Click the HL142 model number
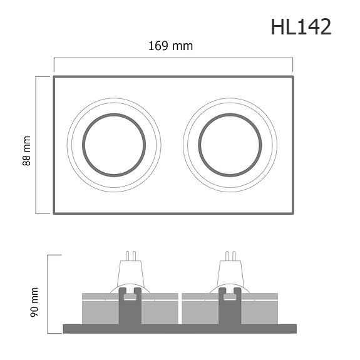[301, 27]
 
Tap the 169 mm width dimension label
[170, 46]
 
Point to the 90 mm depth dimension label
[34, 301]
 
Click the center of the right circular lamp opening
[230, 145]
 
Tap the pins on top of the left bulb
[131, 255]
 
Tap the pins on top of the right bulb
[230, 255]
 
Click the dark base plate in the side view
[180, 329]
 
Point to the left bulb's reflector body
[131, 274]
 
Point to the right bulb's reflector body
[230, 274]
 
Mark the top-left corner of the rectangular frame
[54, 77]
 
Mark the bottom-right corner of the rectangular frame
[293, 213]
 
